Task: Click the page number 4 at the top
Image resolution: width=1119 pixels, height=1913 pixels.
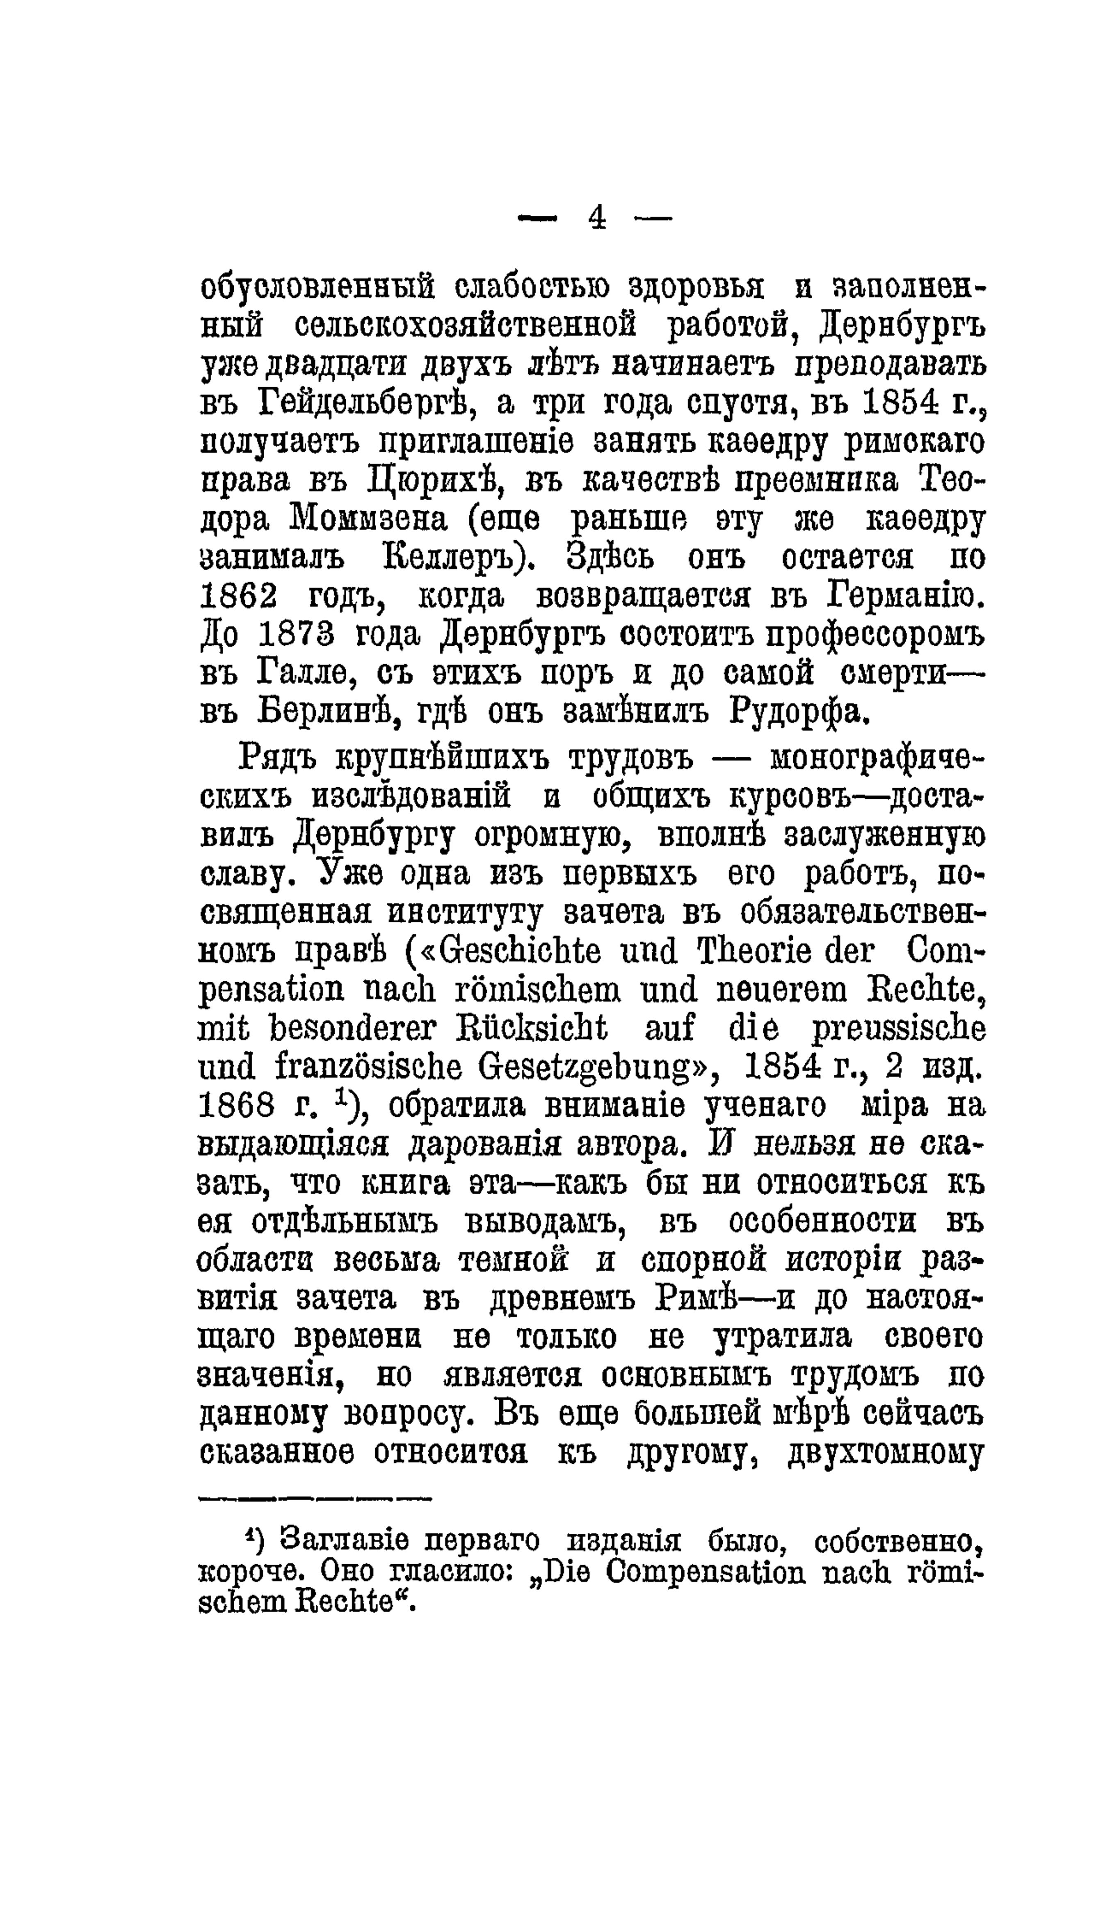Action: click(596, 219)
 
